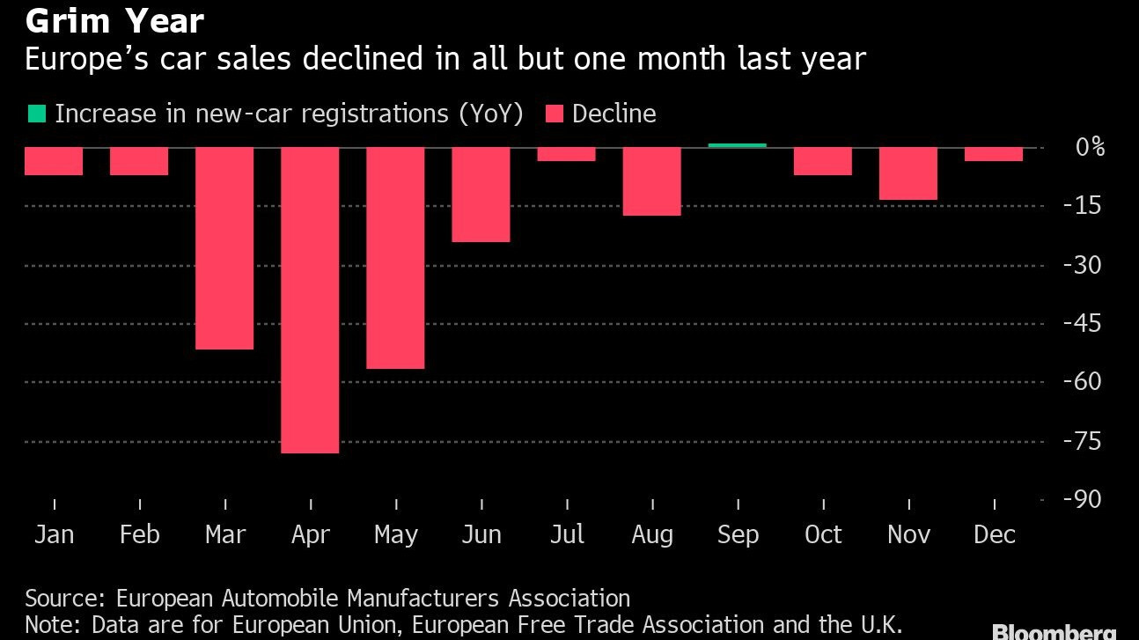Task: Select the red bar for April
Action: coord(310,300)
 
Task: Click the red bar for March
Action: coord(224,248)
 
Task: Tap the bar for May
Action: coord(395,258)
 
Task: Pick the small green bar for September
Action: coord(738,144)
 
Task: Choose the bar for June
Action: coord(481,195)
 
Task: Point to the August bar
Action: coord(652,181)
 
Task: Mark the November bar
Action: coord(908,173)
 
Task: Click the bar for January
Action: coord(54,161)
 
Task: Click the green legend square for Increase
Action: coord(37,114)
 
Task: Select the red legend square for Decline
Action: coord(555,114)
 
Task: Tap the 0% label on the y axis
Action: coord(1090,147)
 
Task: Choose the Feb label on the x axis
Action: coord(139,534)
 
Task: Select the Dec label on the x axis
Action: coord(995,534)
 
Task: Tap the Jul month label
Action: coord(567,534)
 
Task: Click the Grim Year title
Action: coord(114,20)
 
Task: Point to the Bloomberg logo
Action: coord(1054,631)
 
